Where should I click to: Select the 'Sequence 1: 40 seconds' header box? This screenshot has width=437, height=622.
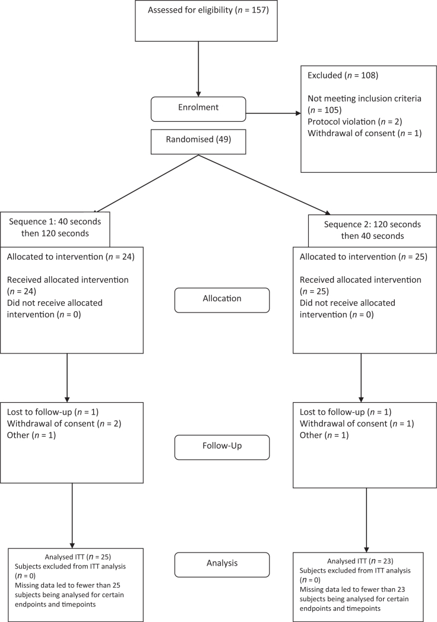pos(55,228)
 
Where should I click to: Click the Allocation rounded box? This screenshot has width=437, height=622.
pos(221,299)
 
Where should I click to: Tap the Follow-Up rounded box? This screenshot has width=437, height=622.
pos(221,447)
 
